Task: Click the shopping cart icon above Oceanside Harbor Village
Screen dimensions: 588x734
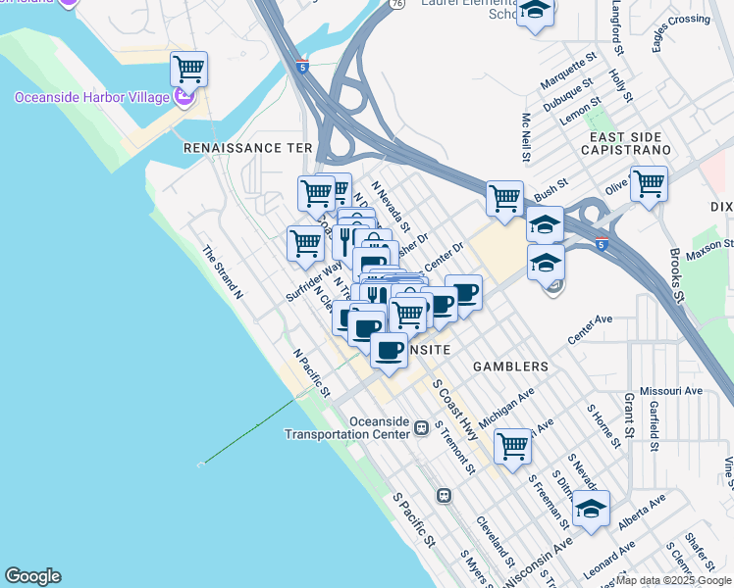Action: [188, 70]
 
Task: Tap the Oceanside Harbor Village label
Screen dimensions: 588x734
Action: [93, 96]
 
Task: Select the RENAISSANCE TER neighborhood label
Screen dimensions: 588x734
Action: [247, 147]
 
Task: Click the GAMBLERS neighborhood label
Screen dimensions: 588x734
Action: [510, 367]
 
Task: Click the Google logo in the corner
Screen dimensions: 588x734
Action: [32, 576]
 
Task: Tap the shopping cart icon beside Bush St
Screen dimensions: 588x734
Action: [504, 198]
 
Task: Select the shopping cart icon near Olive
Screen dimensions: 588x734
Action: [649, 183]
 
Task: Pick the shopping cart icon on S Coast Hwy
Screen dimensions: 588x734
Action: [512, 446]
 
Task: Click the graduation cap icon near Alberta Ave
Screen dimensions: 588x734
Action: [591, 510]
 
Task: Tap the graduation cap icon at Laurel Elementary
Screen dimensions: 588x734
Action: [535, 12]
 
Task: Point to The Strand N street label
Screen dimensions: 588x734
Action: [223, 270]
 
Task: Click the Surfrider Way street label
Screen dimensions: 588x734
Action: [314, 279]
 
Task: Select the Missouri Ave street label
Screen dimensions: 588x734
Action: [671, 390]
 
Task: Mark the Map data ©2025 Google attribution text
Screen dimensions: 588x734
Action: [674, 580]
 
